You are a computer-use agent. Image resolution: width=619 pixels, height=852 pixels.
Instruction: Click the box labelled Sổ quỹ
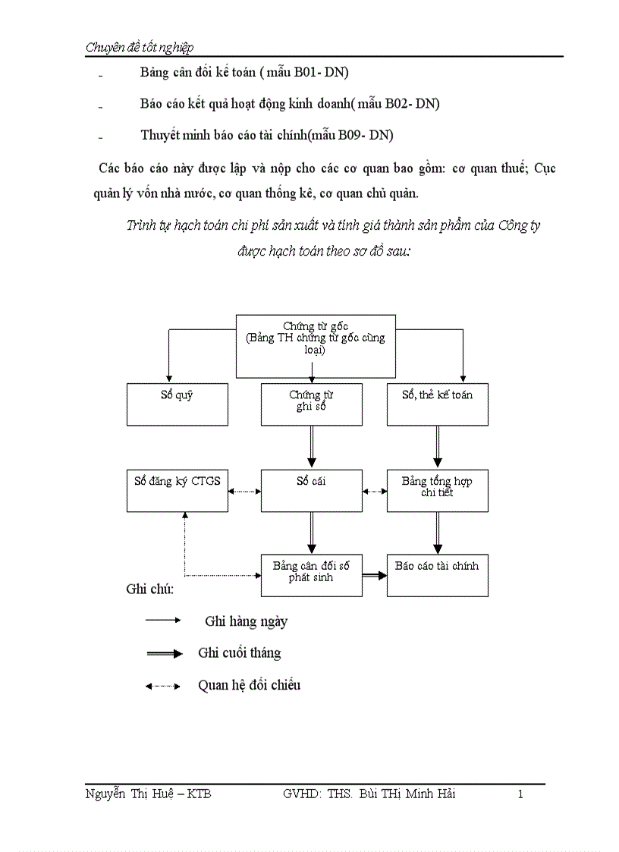click(177, 404)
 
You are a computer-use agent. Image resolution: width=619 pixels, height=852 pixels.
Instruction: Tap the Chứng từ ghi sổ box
click(311, 404)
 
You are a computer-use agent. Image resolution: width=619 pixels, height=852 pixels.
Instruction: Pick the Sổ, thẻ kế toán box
click(437, 404)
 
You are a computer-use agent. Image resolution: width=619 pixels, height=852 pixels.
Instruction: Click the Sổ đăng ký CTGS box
click(177, 490)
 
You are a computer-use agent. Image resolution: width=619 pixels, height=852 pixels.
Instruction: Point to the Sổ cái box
click(311, 490)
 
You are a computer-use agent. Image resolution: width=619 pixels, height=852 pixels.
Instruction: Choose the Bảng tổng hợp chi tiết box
click(437, 490)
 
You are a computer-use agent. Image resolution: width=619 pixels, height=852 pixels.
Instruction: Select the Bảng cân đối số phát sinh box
click(311, 575)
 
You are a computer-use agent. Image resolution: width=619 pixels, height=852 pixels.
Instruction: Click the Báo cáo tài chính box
click(437, 575)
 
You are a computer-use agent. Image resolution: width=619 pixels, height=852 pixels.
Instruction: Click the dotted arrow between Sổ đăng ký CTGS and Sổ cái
click(244, 491)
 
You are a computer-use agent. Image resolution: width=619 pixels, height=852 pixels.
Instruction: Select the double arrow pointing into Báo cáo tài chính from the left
click(374, 576)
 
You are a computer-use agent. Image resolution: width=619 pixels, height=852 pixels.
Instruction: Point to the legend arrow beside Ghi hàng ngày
click(162, 621)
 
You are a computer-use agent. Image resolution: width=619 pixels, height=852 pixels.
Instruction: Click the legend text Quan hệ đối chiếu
click(249, 685)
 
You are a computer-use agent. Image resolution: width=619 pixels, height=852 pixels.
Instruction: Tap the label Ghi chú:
click(149, 589)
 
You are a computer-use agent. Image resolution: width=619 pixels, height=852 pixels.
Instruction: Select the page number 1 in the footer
click(520, 794)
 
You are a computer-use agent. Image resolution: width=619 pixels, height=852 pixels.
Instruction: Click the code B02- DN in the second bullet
click(416, 103)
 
